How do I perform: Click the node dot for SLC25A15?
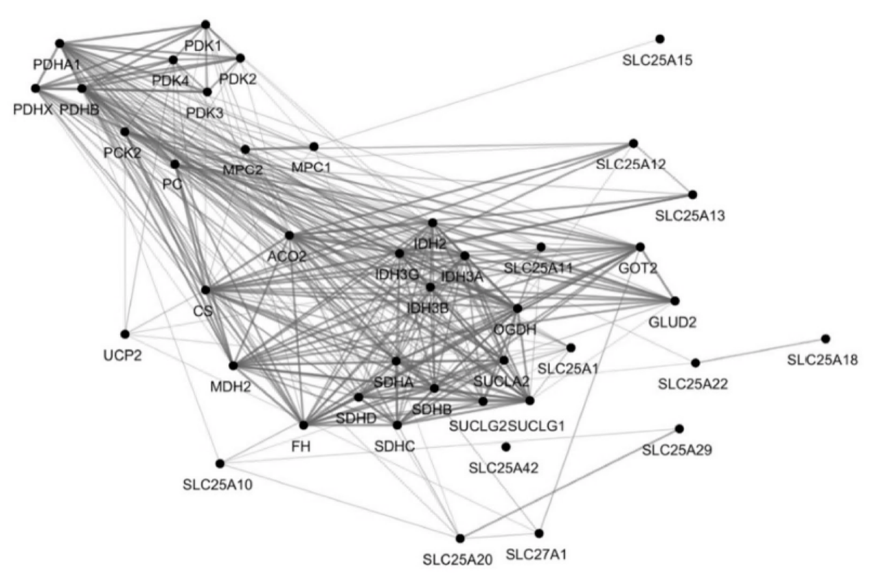660,38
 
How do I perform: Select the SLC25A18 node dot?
825,339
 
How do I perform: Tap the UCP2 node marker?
125,334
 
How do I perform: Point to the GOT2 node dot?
640,247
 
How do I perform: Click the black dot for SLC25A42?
506,447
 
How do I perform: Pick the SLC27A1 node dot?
538,533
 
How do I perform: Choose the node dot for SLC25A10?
220,464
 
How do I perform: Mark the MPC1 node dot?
314,146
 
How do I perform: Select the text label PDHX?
32,109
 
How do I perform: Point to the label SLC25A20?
457,559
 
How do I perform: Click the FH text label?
301,446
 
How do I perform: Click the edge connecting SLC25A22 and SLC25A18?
760,350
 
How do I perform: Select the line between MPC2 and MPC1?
279,148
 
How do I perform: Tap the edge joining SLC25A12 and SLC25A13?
663,169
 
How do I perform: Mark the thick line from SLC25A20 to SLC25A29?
570,483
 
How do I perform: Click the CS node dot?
205,290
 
